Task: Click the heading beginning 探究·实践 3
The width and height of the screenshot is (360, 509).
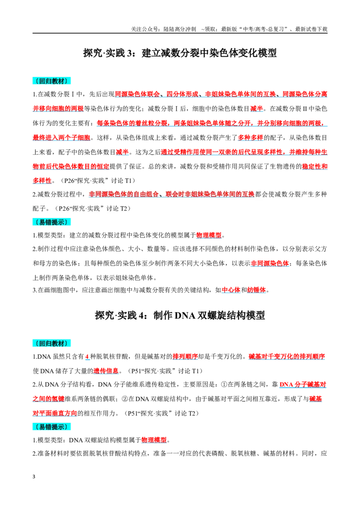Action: (180, 53)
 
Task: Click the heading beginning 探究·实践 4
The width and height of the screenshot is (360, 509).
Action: (180, 315)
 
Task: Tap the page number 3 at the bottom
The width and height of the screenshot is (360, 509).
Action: (34, 477)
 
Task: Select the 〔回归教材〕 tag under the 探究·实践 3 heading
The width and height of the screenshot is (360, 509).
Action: (52, 81)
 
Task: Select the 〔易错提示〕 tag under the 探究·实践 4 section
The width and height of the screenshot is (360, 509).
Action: (52, 427)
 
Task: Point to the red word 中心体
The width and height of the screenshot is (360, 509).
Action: (231, 290)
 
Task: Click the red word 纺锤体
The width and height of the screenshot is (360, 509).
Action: (256, 290)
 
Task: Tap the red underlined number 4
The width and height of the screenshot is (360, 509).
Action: (87, 357)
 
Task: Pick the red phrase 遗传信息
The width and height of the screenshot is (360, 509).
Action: (106, 371)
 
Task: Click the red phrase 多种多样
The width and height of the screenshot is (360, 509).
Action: (251, 138)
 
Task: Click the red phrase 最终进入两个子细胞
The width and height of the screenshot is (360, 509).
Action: (61, 138)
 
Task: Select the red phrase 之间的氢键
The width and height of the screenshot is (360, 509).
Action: (49, 399)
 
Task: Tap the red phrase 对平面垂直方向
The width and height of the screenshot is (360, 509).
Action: (55, 413)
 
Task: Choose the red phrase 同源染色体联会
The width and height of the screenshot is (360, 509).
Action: (137, 94)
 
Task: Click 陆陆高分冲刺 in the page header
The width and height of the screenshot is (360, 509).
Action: (180, 29)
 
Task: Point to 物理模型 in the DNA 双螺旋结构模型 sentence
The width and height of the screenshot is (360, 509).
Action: (154, 440)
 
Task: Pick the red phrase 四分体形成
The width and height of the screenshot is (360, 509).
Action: (182, 94)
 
